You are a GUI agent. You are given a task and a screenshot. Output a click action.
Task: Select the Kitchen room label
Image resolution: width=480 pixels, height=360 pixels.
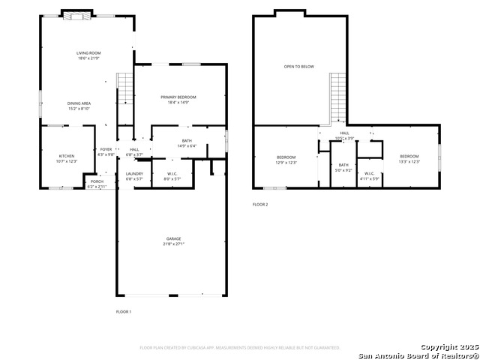click(x=67, y=158)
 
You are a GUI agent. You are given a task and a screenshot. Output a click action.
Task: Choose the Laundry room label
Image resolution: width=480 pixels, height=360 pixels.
click(x=134, y=175)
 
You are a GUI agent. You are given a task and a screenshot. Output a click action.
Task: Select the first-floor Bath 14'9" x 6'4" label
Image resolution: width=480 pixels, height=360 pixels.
click(x=186, y=142)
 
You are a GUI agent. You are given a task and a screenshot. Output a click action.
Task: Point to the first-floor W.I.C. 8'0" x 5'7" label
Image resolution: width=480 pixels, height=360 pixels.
click(x=171, y=175)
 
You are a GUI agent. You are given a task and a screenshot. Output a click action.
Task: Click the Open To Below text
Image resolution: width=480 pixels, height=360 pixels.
click(x=298, y=67)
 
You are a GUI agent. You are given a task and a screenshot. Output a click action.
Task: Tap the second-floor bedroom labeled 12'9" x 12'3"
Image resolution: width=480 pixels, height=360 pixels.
click(x=286, y=159)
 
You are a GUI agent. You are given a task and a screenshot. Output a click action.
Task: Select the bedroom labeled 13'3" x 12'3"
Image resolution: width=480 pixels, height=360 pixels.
click(x=409, y=159)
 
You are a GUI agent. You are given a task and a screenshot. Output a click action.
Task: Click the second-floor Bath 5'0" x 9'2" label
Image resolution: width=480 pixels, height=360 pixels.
click(x=343, y=167)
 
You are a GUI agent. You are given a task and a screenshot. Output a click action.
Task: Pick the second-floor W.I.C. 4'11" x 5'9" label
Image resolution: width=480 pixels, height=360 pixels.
click(x=370, y=175)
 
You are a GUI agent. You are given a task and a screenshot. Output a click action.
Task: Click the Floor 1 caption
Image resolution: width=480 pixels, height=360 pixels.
click(x=123, y=311)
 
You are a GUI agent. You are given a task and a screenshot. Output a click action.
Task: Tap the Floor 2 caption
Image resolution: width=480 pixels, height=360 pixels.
click(x=259, y=204)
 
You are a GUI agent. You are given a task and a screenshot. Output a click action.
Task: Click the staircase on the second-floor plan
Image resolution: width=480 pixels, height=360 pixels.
click(x=338, y=97)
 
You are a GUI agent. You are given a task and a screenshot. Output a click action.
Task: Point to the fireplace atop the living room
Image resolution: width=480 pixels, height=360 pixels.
click(x=76, y=13)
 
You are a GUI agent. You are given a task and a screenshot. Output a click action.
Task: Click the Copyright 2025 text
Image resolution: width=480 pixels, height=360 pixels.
click(x=448, y=348)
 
